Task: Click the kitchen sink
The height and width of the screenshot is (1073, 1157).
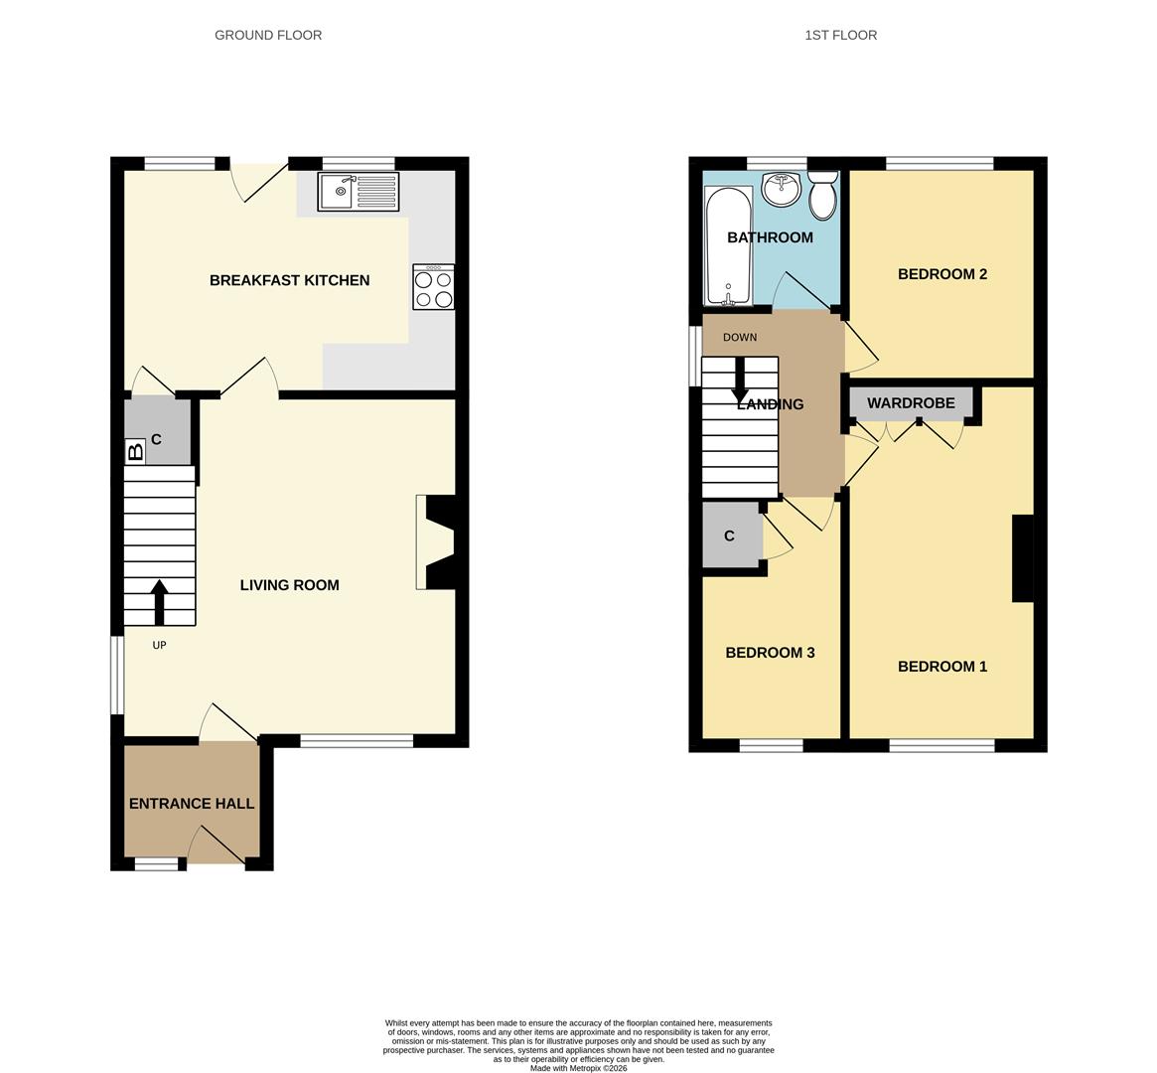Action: [358, 192]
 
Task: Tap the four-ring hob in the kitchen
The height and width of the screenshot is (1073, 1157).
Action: [434, 288]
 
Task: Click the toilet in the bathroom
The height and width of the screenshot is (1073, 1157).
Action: [822, 196]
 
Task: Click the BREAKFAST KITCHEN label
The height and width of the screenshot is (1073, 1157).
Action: [289, 280]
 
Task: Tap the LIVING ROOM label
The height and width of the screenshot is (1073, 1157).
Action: [289, 585]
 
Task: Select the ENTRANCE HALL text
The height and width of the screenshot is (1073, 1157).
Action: [192, 804]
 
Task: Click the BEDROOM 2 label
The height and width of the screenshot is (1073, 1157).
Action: [941, 274]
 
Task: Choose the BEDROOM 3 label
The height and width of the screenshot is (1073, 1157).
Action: [770, 653]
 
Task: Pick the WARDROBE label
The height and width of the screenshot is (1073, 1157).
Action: [911, 403]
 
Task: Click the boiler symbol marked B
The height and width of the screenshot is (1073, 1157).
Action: [135, 452]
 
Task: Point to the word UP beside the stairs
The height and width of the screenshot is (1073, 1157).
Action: [159, 645]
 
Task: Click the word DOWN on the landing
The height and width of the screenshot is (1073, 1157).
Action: [740, 338]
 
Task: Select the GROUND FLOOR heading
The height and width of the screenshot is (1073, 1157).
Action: [268, 35]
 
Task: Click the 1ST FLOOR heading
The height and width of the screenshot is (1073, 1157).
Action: [840, 35]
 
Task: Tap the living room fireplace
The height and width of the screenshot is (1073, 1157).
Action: [437, 542]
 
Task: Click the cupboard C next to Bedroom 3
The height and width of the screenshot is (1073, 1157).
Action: [730, 536]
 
